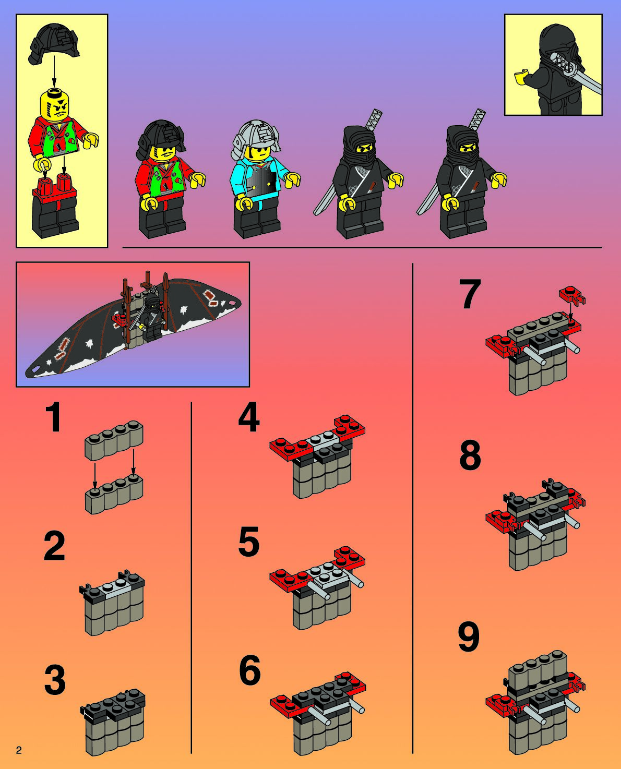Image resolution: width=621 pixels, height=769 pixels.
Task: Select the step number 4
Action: coord(249,418)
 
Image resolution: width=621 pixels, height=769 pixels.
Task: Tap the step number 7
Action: coord(470,294)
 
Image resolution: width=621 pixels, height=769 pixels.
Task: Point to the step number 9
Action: coord(469,637)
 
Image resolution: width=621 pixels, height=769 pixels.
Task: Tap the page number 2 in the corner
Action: coord(19,750)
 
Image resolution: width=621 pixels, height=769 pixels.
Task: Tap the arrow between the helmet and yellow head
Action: coord(54,70)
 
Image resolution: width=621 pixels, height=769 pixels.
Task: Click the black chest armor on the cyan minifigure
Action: coord(263,182)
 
